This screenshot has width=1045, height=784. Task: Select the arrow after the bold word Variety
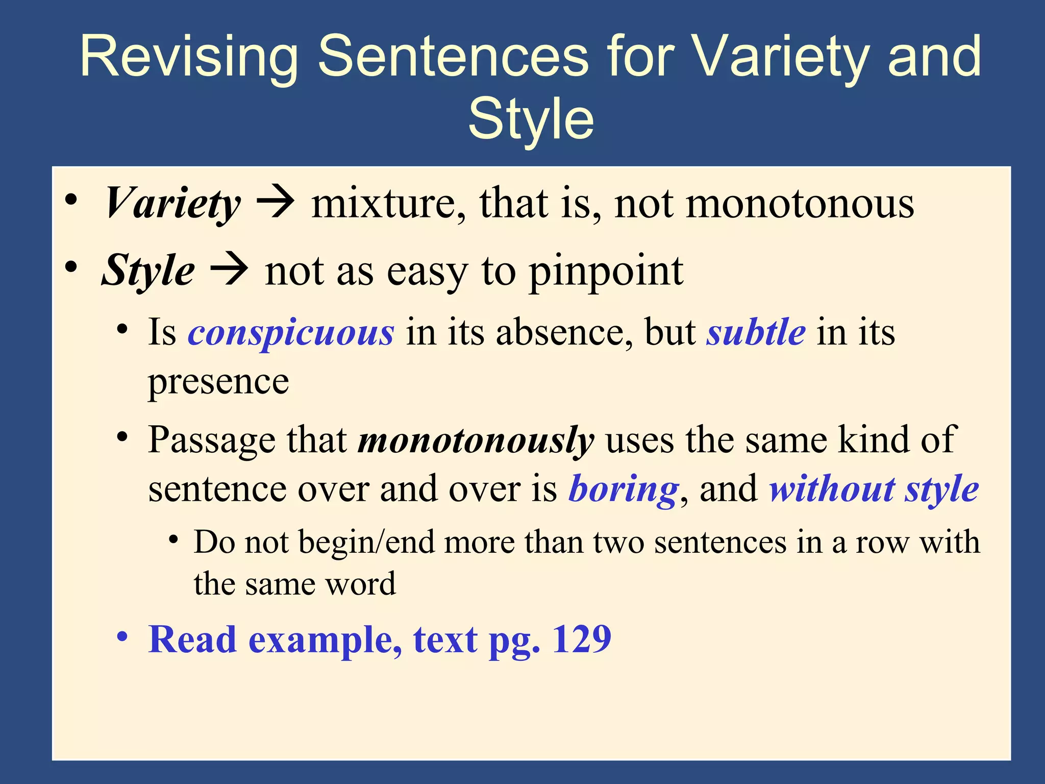coord(275,203)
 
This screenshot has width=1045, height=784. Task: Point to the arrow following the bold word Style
coord(229,269)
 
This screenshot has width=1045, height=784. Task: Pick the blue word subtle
coord(756,332)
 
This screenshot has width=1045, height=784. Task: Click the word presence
coord(218,382)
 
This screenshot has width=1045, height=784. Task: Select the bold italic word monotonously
coord(476,440)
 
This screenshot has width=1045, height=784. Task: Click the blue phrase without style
coord(874,489)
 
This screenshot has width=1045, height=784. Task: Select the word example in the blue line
coord(325,640)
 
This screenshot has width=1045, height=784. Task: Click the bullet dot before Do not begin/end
coord(174,540)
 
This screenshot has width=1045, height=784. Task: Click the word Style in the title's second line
coord(531,118)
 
